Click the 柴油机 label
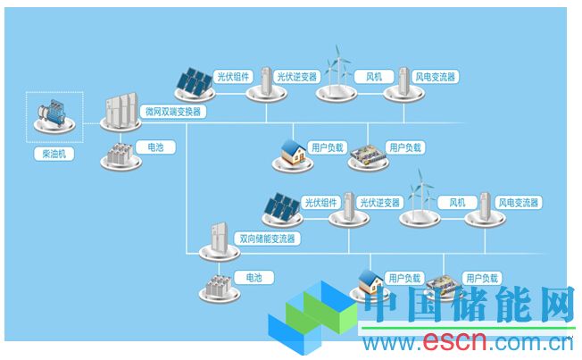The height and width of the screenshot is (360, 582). click(54, 154)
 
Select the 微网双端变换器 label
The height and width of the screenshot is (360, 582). click(173, 112)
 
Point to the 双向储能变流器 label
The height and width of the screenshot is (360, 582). click(267, 239)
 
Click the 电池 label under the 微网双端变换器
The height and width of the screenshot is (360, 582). click(155, 147)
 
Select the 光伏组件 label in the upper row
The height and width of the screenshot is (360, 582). click(234, 78)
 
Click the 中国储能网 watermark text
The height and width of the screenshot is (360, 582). click(468, 309)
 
